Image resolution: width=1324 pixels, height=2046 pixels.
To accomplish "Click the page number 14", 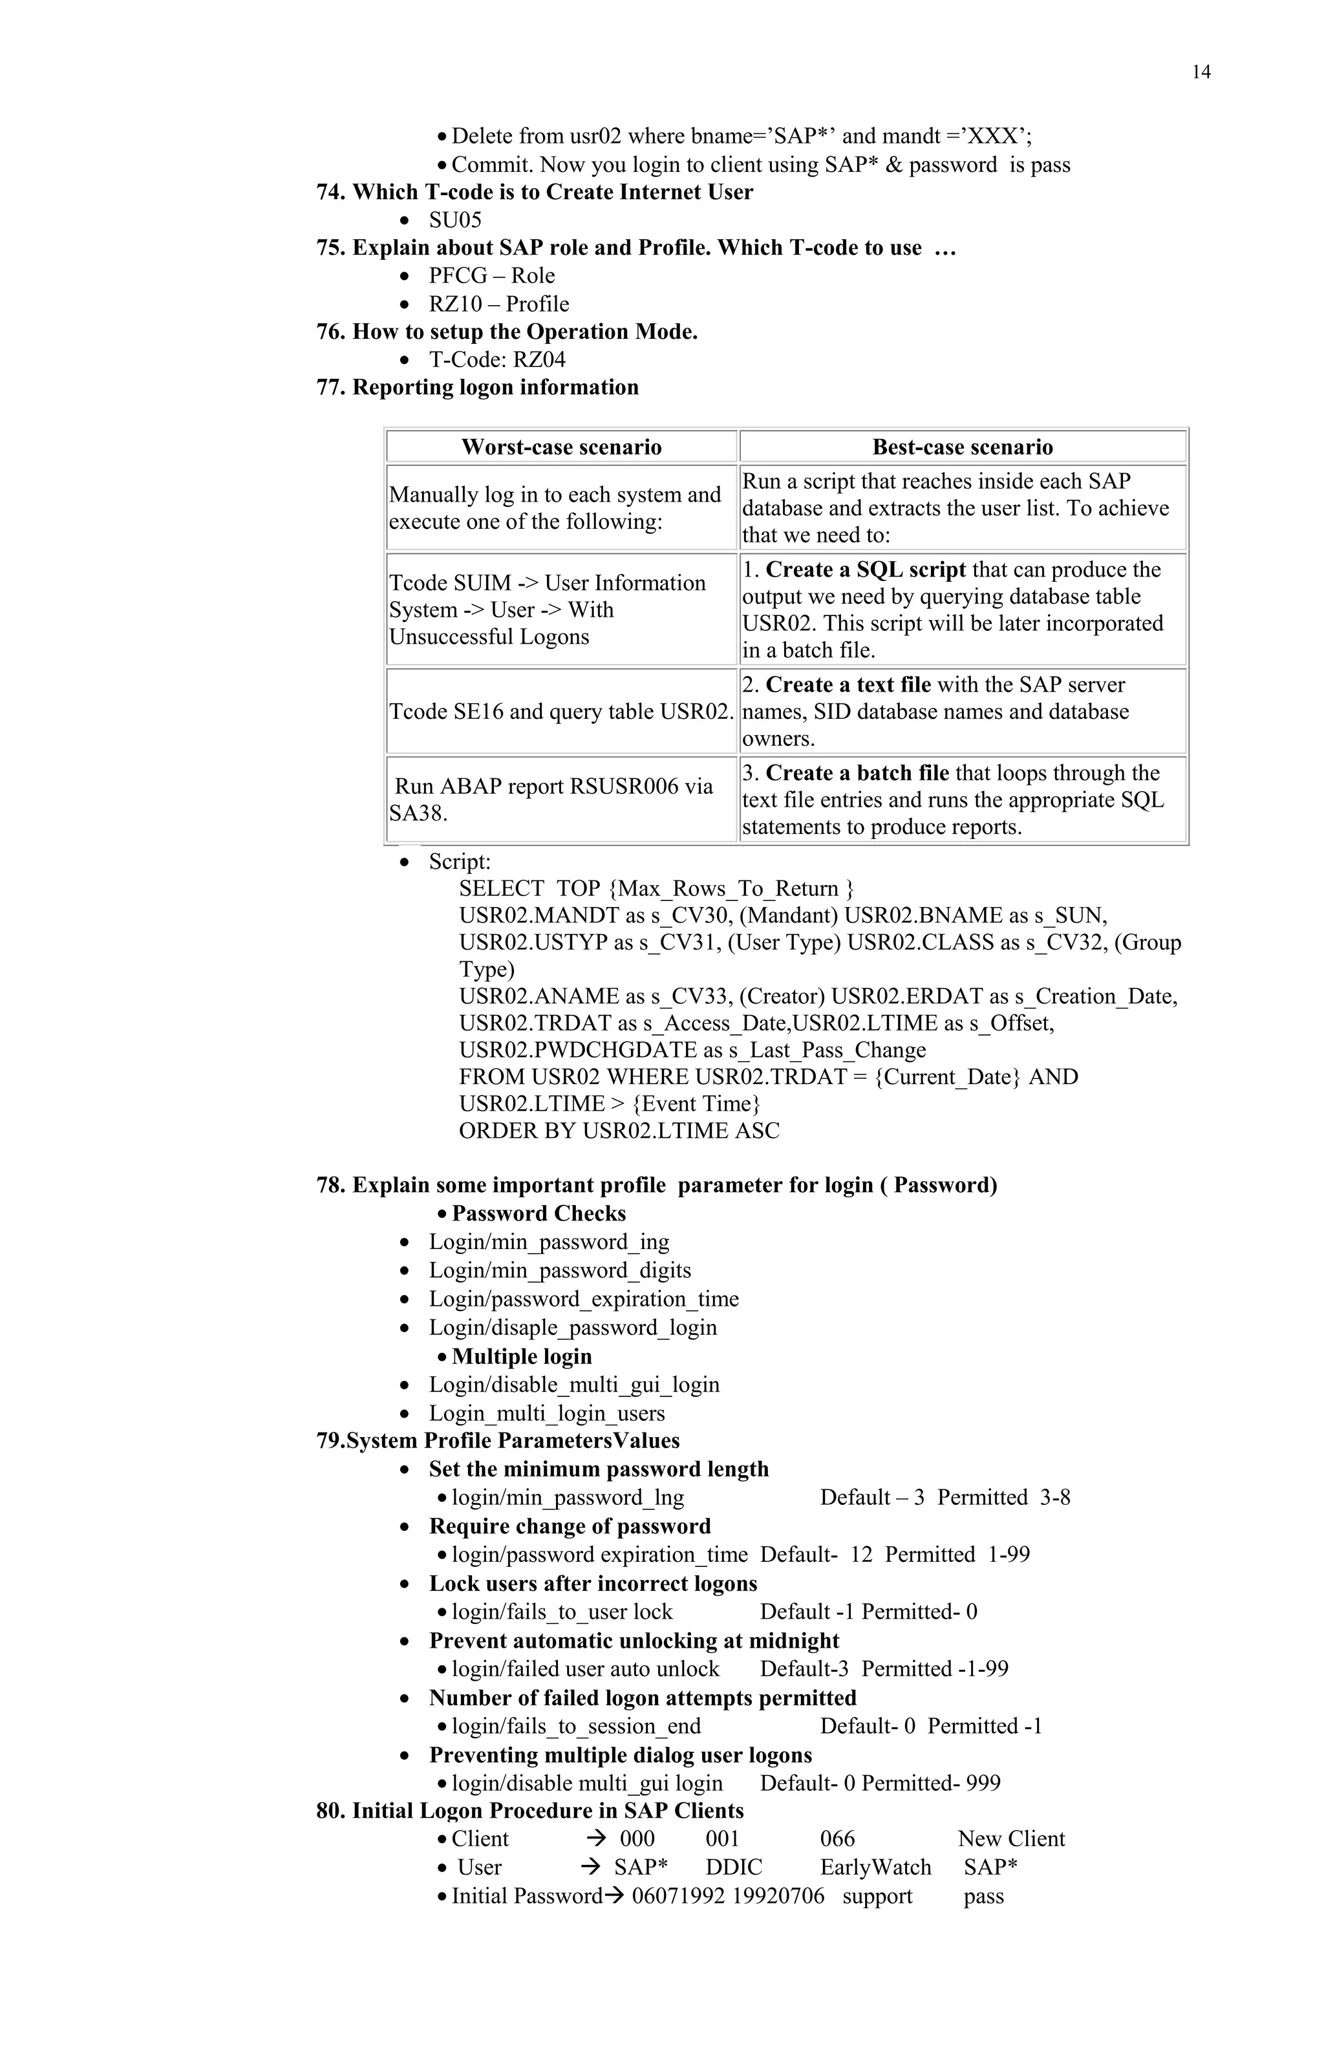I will coord(1201,72).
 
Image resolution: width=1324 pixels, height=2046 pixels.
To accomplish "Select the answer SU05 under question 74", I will coord(455,220).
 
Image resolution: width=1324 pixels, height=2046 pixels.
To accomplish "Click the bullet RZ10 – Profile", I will coord(498,304).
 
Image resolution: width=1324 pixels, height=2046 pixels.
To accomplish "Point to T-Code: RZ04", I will coord(497,359).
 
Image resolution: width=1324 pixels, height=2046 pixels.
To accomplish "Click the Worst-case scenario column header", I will coord(561,447).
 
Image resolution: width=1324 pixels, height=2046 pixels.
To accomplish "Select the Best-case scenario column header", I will coord(962,447).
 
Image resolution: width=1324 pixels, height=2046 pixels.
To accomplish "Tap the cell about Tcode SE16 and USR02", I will coord(561,712).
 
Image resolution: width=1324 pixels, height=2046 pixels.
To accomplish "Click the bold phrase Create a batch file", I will coord(857,773).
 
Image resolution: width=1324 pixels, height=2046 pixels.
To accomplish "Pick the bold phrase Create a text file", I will coord(848,685).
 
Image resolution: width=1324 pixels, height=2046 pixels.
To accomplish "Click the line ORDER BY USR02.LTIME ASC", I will coord(619,1131).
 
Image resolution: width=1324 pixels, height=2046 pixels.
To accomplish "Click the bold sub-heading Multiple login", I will coord(521,1356).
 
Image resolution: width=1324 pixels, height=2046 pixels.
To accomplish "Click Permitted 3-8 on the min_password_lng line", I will coord(1003,1498).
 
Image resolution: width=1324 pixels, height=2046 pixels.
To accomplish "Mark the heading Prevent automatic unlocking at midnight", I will coord(634,1641).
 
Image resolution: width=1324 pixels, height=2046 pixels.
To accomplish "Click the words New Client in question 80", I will coord(1011,1839).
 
